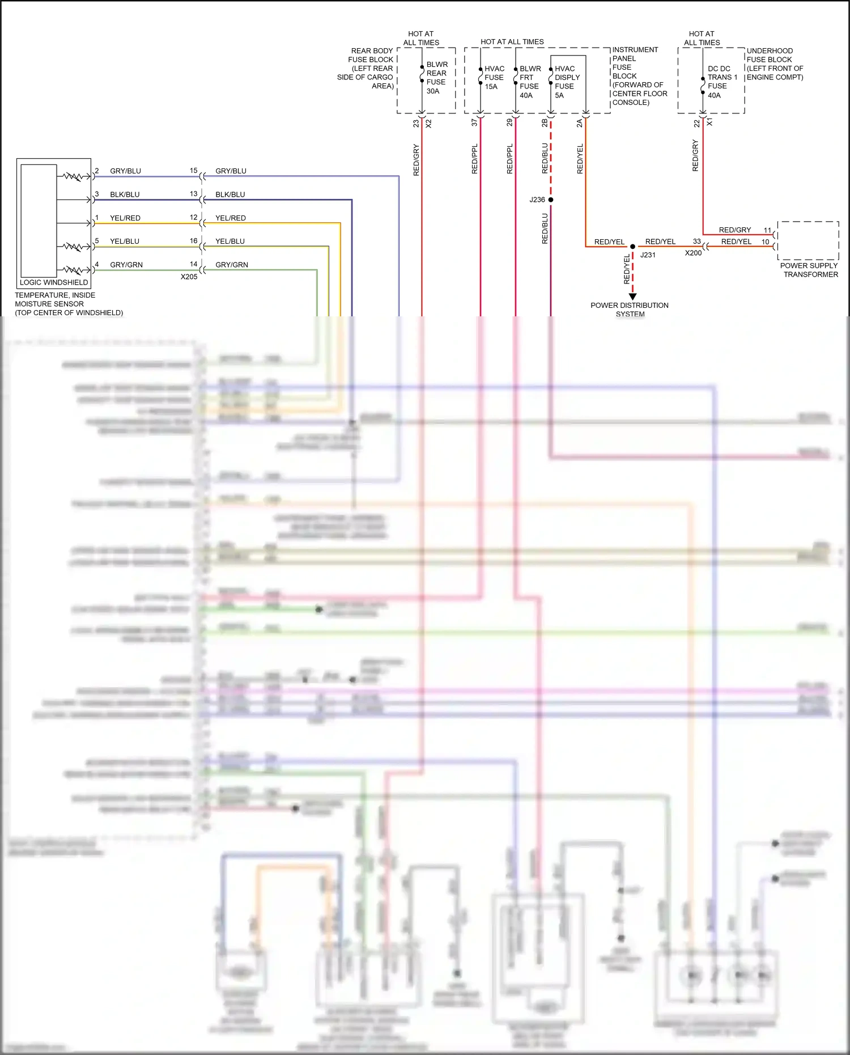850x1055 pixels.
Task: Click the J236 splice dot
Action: coord(551,200)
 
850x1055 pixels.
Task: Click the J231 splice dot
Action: coord(633,247)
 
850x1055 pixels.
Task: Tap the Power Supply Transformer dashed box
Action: coord(808,240)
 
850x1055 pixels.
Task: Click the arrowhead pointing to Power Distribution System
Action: coord(633,296)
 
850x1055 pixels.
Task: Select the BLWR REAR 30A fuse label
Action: coord(436,78)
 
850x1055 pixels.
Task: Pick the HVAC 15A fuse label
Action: coord(494,78)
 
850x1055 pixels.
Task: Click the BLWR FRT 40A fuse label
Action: coord(529,82)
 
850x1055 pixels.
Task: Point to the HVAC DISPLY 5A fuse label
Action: coord(566,82)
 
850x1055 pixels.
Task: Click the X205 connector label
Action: coord(189,277)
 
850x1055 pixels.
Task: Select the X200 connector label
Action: coord(693,253)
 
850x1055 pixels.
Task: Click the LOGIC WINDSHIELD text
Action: coord(54,282)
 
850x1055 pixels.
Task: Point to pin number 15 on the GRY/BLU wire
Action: coord(194,171)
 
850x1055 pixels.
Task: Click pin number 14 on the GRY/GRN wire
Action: coord(194,264)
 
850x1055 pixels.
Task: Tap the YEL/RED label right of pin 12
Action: coord(231,218)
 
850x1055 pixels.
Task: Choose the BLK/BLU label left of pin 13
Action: coord(125,194)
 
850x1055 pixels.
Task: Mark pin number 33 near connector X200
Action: coord(697,241)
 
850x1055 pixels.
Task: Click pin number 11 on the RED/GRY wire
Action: coord(767,230)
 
